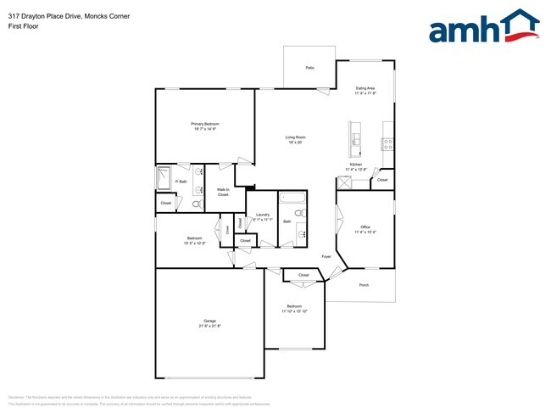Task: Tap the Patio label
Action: pyautogui.click(x=309, y=67)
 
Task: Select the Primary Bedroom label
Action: pyautogui.click(x=204, y=126)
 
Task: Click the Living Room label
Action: pyautogui.click(x=294, y=140)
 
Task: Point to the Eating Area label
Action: pyautogui.click(x=365, y=91)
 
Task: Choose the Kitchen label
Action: pyautogui.click(x=356, y=166)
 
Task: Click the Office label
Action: pyautogui.click(x=365, y=229)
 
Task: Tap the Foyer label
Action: pyautogui.click(x=326, y=255)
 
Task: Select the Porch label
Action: pyautogui.click(x=364, y=285)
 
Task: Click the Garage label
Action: pyautogui.click(x=209, y=323)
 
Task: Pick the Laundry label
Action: pyautogui.click(x=263, y=216)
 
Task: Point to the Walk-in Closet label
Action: pyautogui.click(x=223, y=193)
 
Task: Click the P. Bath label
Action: pyautogui.click(x=181, y=182)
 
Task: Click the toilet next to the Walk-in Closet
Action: pyautogui.click(x=196, y=204)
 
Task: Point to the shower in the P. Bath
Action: pyautogui.click(x=164, y=178)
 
